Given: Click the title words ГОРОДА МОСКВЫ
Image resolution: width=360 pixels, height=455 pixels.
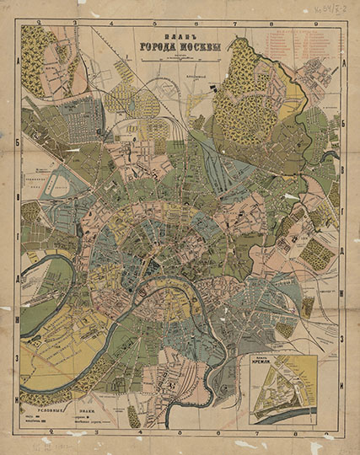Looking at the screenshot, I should (180, 47).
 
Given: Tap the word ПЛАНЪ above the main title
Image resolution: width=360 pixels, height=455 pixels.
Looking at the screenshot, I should (179, 37).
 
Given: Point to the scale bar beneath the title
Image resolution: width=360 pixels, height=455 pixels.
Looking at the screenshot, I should (179, 60).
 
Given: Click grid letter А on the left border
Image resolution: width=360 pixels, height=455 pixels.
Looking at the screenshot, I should (19, 63).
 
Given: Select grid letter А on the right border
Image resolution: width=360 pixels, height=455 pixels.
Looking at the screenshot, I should (347, 63).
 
